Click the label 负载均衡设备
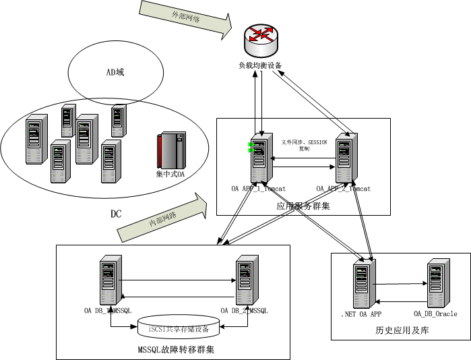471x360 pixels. click(x=260, y=66)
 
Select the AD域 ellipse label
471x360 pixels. click(x=115, y=72)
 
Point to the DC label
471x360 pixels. click(x=116, y=214)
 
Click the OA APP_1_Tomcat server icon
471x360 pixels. click(x=259, y=160)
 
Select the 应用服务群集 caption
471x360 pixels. click(x=303, y=205)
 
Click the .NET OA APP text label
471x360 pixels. click(x=362, y=314)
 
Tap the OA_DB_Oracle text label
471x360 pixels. click(x=435, y=314)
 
